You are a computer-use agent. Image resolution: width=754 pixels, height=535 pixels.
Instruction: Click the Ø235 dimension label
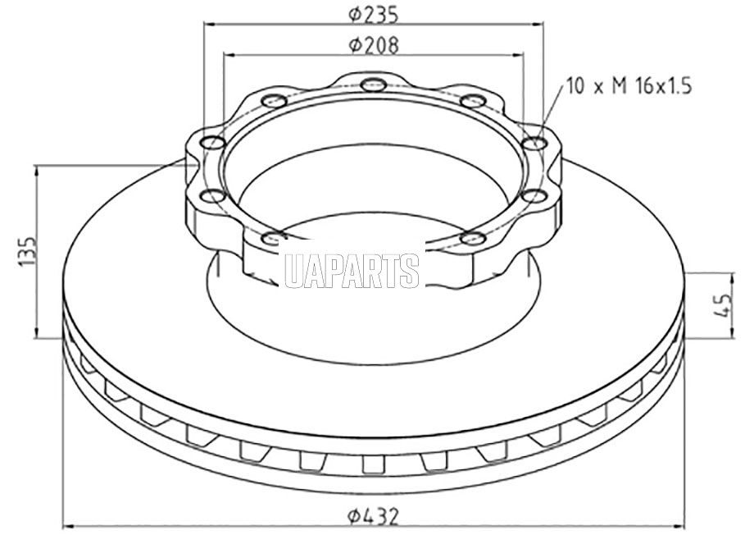coord(374,15)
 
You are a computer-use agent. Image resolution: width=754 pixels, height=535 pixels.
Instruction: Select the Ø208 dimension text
coord(374,45)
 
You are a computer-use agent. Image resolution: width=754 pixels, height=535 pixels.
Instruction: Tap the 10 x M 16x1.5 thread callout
coord(629,86)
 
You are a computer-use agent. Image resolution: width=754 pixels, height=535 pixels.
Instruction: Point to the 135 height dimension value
coord(27,251)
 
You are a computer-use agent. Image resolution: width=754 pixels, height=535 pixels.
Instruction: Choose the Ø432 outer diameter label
coord(374,517)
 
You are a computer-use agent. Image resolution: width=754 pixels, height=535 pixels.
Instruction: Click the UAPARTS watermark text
coord(352,271)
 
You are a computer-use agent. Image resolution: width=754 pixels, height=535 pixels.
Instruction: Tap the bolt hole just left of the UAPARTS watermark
coord(274,237)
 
